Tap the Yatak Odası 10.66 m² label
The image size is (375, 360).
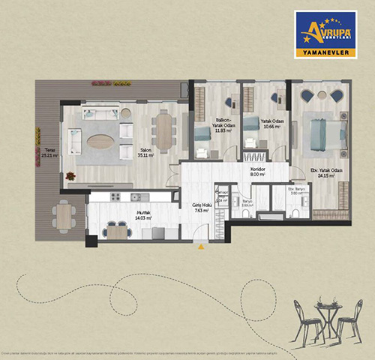[x=270, y=124]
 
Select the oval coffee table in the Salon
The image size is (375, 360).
[x=101, y=140]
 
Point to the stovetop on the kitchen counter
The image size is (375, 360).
[x=136, y=197]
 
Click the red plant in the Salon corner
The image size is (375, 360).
[x=70, y=176]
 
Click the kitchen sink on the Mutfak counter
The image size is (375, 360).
[x=114, y=197]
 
